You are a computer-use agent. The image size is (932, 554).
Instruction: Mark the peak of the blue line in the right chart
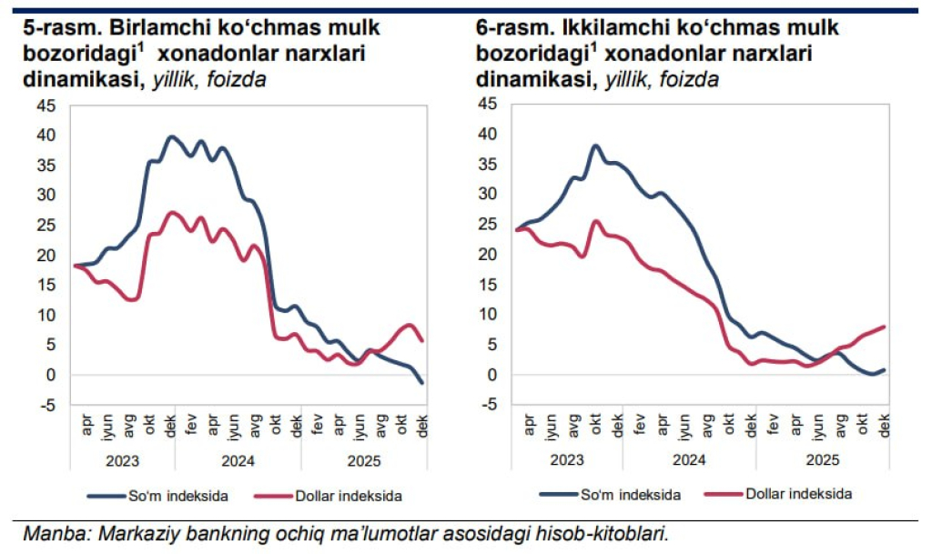point(596,146)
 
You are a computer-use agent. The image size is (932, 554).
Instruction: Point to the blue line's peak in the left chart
point(171,136)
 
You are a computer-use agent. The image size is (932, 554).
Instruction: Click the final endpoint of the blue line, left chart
point(422,383)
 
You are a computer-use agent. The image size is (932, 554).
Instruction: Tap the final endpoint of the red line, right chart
point(884,327)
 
